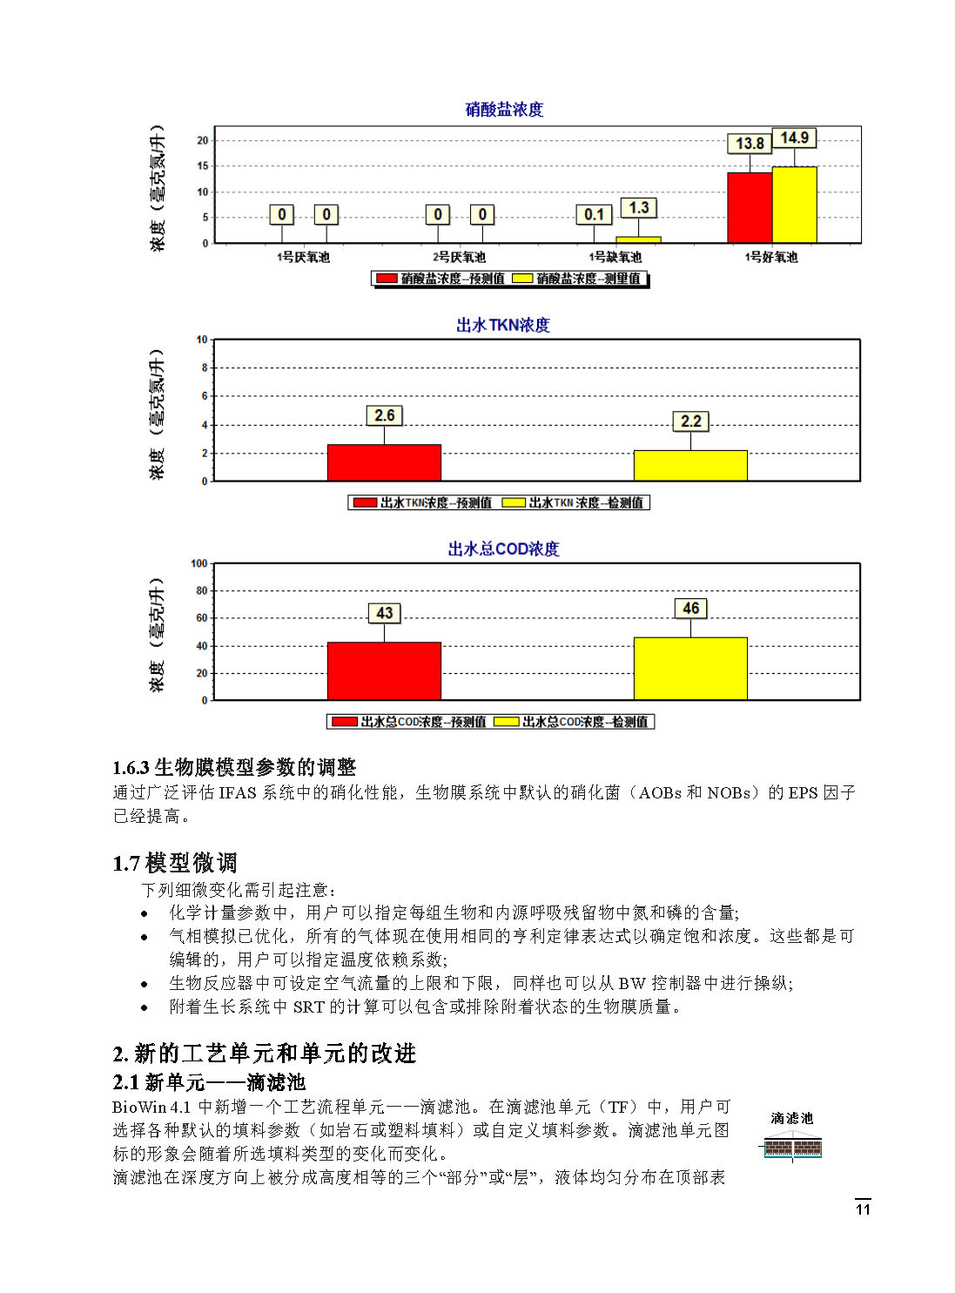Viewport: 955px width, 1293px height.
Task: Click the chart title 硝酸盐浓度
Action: [x=504, y=110]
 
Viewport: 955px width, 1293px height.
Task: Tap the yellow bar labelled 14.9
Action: [x=794, y=205]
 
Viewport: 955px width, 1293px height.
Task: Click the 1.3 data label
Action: [x=638, y=207]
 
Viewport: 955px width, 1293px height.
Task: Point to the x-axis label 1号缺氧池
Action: [x=615, y=257]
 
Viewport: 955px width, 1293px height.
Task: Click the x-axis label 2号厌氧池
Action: [x=459, y=257]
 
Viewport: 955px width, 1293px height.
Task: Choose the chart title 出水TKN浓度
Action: [x=503, y=325]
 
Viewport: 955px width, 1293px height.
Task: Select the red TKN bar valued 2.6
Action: [x=384, y=462]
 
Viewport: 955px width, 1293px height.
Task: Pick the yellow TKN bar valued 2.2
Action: [x=690, y=465]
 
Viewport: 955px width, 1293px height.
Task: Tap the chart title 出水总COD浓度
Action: [x=503, y=549]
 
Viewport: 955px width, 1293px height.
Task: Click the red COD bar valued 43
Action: [x=384, y=670]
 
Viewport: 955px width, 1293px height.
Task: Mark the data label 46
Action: [x=690, y=609]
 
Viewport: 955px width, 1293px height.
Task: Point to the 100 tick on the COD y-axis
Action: [x=199, y=563]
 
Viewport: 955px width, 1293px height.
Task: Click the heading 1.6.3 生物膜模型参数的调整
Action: [x=234, y=767]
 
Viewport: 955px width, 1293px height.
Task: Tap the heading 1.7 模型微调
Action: [x=174, y=863]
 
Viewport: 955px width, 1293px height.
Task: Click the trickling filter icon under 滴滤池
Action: [x=792, y=1148]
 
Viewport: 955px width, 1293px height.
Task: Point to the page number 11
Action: [x=863, y=1209]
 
